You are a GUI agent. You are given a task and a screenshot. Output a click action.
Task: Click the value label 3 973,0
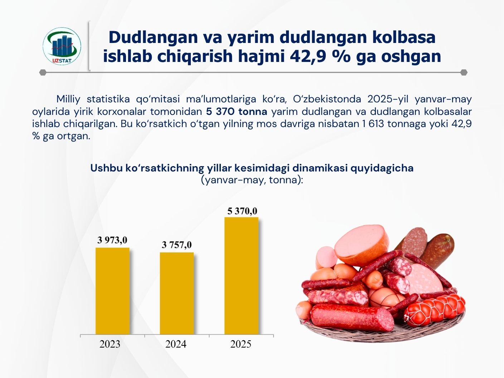[112, 240]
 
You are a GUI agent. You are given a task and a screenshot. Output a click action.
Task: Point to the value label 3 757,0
[177, 245]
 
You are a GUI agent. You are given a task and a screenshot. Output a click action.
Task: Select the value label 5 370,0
[242, 211]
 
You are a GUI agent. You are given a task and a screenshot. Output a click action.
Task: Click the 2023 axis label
[110, 344]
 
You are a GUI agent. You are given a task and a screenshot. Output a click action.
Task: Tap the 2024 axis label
[176, 344]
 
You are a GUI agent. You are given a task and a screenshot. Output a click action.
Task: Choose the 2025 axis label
[241, 344]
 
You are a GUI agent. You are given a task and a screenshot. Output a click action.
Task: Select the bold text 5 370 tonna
[237, 112]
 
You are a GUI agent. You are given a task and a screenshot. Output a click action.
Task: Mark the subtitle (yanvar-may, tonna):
[252, 180]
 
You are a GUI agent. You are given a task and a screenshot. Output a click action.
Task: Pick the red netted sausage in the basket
[435, 309]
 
